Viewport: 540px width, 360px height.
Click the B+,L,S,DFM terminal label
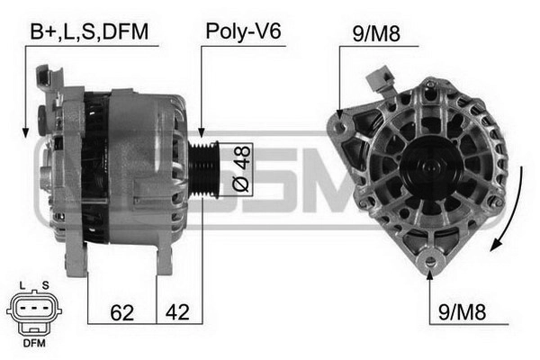(89, 31)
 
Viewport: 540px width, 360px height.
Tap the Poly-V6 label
(243, 31)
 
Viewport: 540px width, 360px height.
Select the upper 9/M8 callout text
(376, 34)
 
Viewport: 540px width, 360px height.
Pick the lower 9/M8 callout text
(462, 312)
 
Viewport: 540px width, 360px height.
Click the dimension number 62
(121, 312)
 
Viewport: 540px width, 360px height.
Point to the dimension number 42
(177, 312)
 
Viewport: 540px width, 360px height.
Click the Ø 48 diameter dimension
(241, 168)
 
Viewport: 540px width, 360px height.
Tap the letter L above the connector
(22, 285)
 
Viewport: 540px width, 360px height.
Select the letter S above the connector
(46, 285)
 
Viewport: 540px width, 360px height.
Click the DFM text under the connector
(34, 343)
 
